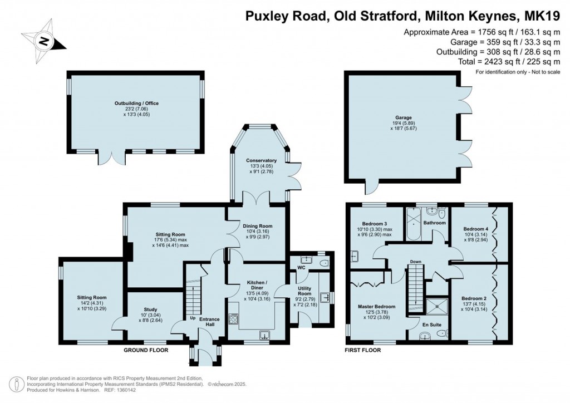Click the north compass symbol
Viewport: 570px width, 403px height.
pos(43,40)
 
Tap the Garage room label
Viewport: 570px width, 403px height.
pos(404,118)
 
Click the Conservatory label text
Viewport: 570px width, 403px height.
pos(261,161)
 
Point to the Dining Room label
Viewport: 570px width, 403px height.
pos(258,226)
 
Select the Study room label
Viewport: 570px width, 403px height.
pos(150,309)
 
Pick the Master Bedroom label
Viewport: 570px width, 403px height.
pos(377,307)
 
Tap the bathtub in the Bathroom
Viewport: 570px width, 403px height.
pos(413,223)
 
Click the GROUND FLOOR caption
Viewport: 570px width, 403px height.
pos(146,350)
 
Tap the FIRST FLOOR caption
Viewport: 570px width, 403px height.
pos(363,350)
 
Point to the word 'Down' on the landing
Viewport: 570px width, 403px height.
pos(415,262)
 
